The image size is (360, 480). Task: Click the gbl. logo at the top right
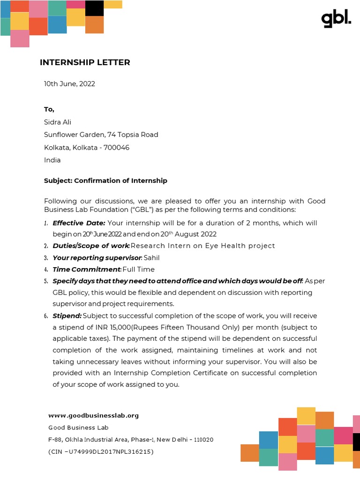click(x=336, y=19)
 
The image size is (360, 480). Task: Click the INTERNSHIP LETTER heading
click(x=85, y=62)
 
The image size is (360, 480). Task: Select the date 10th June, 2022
click(x=69, y=84)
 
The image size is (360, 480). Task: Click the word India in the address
click(x=52, y=160)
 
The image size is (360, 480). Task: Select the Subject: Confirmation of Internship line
click(x=105, y=180)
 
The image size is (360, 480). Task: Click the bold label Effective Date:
click(x=79, y=223)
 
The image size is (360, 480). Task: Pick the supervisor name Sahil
click(x=152, y=258)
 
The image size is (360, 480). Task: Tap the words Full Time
click(x=138, y=270)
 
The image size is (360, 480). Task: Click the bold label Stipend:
click(x=67, y=316)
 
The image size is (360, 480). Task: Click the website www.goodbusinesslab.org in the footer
click(x=94, y=415)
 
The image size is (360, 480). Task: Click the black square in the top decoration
click(x=94, y=8)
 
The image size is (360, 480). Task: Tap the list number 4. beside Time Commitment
click(x=46, y=270)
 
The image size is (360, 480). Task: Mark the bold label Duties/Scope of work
click(x=90, y=246)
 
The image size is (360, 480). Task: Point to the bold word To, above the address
click(x=49, y=109)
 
